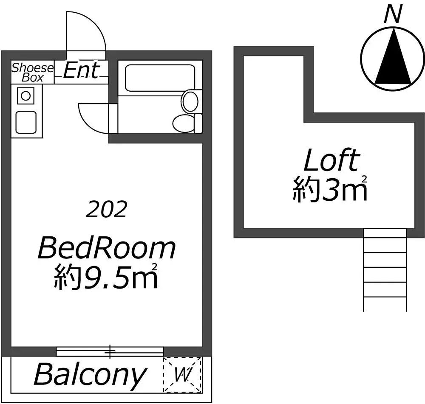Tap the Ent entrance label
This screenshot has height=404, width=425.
(81, 70)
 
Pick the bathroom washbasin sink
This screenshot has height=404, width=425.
(190, 101)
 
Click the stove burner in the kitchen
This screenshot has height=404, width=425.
(26, 96)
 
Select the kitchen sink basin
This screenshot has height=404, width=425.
(26, 122)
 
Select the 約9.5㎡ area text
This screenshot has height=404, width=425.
(106, 277)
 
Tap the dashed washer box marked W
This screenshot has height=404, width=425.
(182, 374)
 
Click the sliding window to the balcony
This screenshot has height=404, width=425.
(110, 351)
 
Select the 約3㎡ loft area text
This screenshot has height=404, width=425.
(330, 188)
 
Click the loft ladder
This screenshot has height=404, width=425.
(385, 270)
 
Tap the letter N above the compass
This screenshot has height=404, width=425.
(392, 14)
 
